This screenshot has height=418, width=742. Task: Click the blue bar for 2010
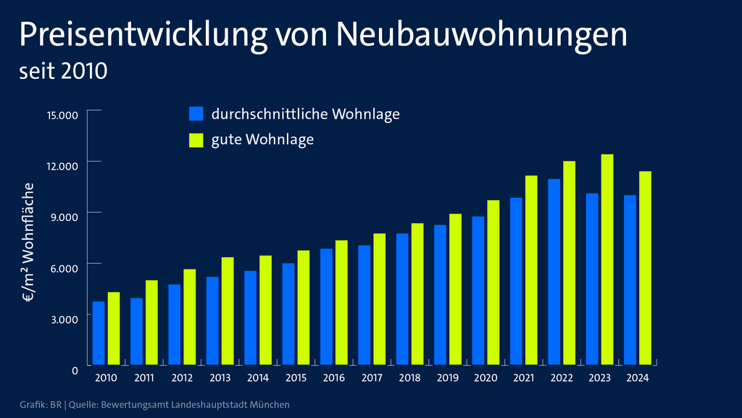click(99, 333)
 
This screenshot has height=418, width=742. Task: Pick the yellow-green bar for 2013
click(228, 311)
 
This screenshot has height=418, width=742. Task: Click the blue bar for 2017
click(364, 305)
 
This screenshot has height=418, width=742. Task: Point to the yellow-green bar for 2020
click(493, 283)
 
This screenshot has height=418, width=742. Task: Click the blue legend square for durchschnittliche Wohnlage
click(196, 114)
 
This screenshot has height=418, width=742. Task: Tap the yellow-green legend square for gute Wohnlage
click(196, 140)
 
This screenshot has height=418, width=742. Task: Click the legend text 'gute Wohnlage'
click(262, 140)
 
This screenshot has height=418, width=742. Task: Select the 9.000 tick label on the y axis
click(64, 217)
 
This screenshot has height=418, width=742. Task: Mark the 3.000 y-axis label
click(64, 319)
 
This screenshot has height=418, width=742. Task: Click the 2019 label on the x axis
click(448, 378)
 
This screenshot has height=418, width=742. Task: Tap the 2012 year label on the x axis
click(182, 378)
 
